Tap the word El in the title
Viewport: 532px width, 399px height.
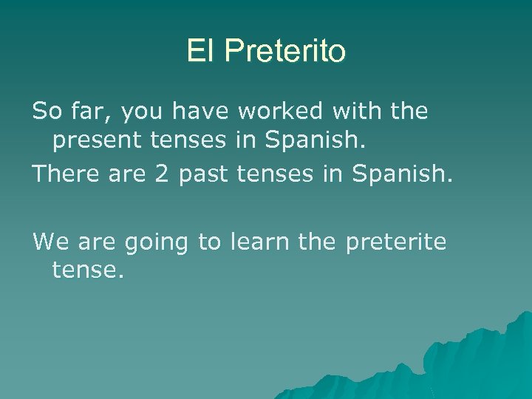coord(199,51)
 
